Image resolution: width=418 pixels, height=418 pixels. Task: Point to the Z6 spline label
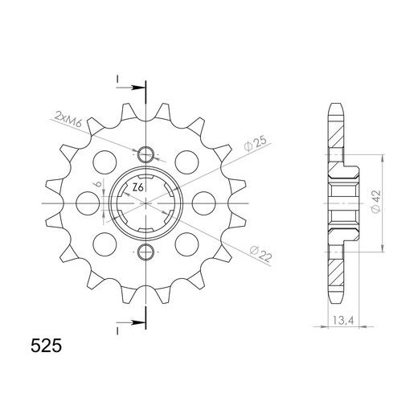137,187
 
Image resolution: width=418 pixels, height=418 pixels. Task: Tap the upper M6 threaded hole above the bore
145,154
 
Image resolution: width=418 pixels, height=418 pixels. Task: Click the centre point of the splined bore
145,204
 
